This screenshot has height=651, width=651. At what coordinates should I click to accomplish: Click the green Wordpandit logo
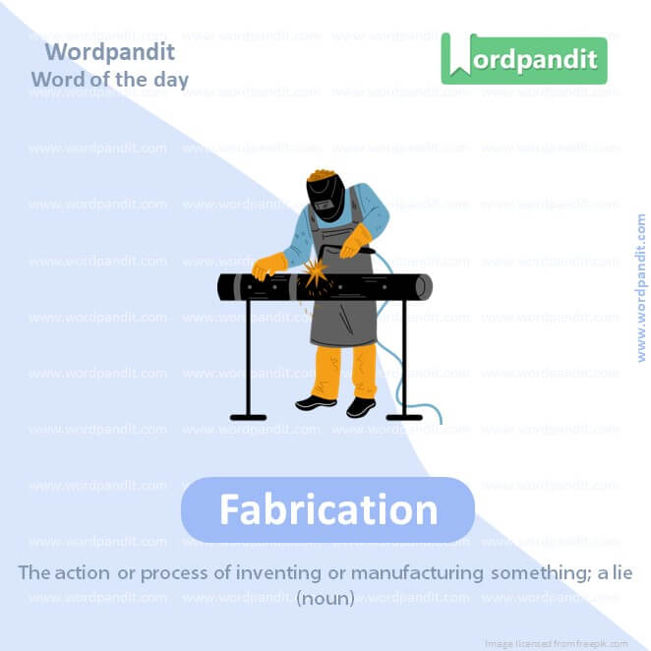(x=523, y=59)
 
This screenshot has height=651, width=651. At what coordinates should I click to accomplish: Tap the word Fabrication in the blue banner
(x=327, y=509)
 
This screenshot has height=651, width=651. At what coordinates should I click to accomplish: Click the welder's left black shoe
(x=316, y=402)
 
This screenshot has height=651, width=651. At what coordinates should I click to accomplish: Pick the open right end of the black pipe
(x=424, y=287)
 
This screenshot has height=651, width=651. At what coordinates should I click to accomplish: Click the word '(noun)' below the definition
(x=325, y=597)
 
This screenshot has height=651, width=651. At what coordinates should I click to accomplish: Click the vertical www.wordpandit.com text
(x=641, y=288)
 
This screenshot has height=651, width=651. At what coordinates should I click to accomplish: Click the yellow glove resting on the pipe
(x=268, y=265)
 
